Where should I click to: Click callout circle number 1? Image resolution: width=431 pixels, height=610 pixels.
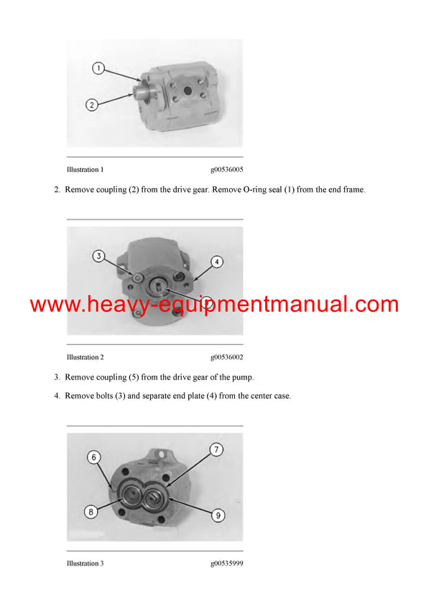[99, 69]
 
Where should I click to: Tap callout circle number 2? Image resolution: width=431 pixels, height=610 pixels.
[91, 105]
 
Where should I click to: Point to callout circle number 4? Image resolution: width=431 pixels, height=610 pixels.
[216, 262]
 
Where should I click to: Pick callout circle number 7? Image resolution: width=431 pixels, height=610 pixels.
[216, 450]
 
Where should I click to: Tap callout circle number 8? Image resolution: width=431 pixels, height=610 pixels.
[92, 512]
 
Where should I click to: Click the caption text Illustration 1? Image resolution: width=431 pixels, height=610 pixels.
[85, 170]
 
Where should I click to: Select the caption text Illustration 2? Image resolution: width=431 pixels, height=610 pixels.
[85, 357]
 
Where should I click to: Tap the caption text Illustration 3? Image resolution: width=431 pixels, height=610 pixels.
[85, 563]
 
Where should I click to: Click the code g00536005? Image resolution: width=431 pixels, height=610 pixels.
[226, 170]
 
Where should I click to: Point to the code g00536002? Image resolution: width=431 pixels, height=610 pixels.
[226, 357]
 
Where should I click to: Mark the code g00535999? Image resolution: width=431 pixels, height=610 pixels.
[226, 563]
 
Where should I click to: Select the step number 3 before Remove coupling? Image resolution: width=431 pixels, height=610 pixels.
[56, 377]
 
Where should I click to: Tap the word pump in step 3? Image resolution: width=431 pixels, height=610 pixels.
[241, 377]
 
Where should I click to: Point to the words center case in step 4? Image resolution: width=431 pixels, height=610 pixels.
[270, 396]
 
